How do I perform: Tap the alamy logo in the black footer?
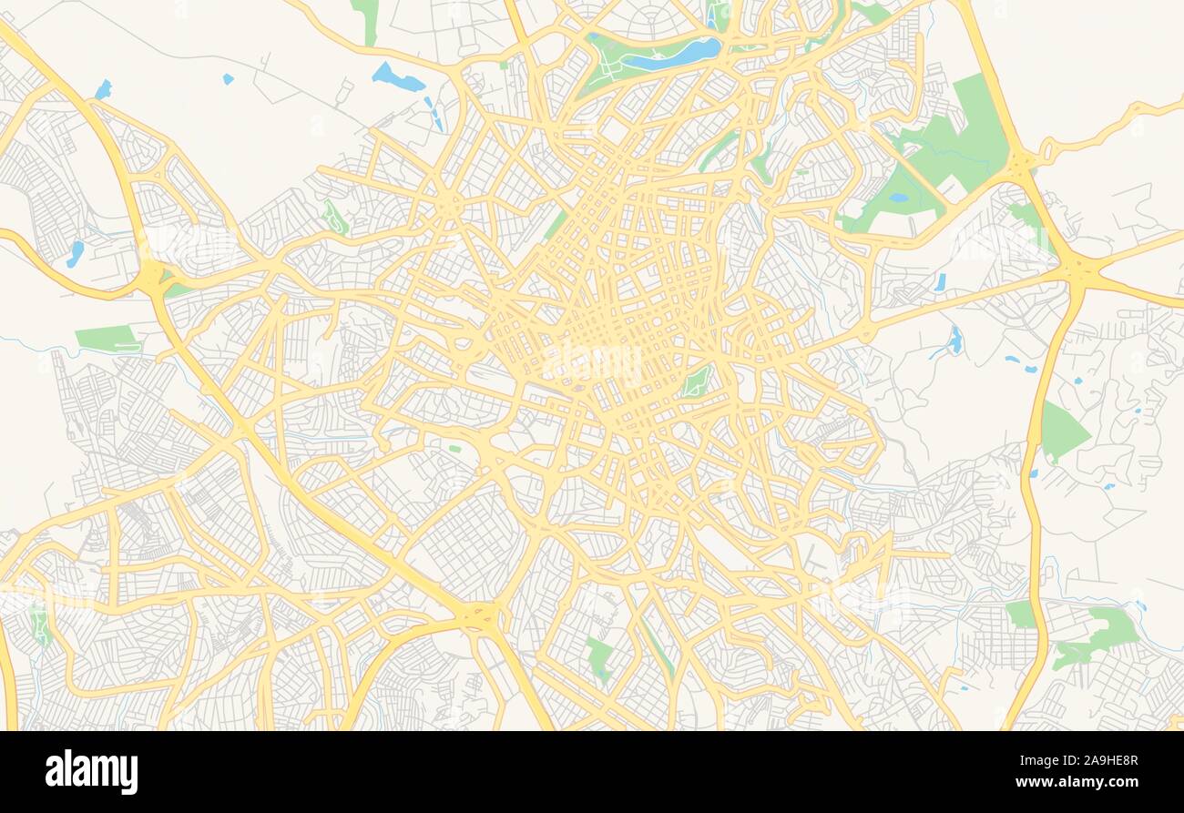click(x=91, y=772)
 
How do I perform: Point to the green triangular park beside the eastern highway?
click(x=1061, y=431)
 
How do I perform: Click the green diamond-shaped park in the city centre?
click(x=697, y=382)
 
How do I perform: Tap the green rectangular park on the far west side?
click(x=107, y=339)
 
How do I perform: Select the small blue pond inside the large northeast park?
click(x=899, y=198)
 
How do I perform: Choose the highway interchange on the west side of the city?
click(x=152, y=278)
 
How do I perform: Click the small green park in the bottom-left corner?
click(x=39, y=625)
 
